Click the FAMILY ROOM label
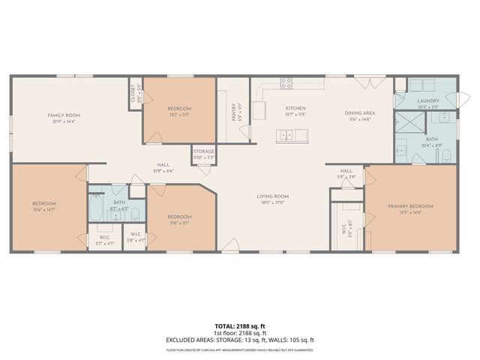point(64,115)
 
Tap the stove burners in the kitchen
point(286,82)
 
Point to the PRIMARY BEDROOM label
point(410,205)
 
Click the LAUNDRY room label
point(428,100)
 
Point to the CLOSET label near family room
point(133,91)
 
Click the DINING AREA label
point(360,113)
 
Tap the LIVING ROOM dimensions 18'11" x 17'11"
point(275,202)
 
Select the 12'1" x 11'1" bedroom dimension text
point(178,115)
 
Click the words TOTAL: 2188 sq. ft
point(240,326)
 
